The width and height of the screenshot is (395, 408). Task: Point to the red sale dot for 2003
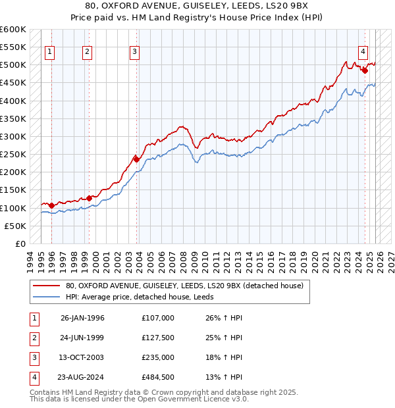click(136, 159)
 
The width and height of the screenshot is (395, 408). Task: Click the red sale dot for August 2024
click(364, 70)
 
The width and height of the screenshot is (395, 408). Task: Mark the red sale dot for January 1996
click(52, 205)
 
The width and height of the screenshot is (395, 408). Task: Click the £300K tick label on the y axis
click(13, 136)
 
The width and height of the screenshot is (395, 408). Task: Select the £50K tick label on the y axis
click(15, 226)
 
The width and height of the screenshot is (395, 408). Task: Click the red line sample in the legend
click(46, 286)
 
